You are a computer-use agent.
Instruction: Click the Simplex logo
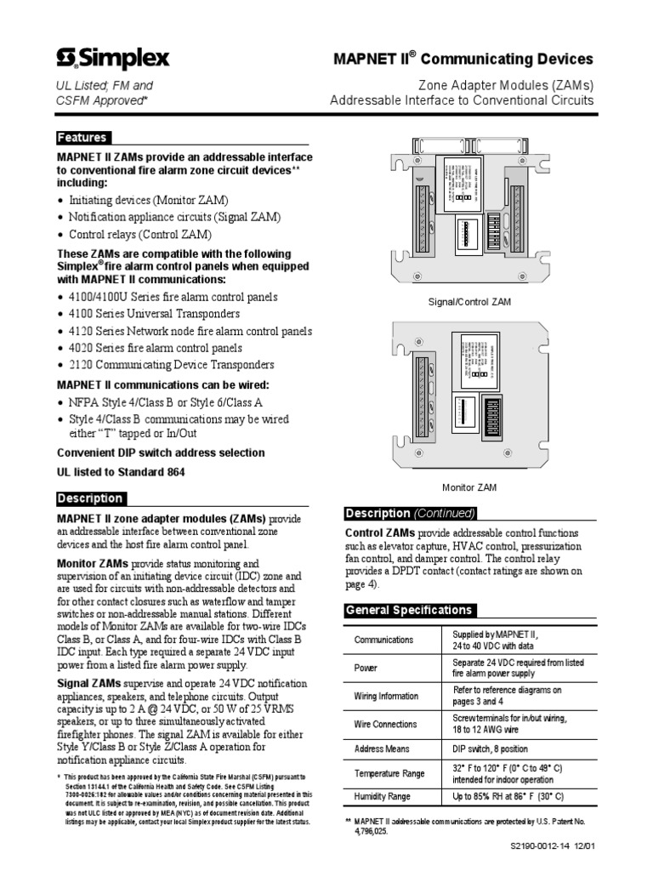113,58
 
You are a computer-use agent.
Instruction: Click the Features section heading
82,138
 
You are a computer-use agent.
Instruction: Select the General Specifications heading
407,610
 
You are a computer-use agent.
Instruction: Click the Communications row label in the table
384,640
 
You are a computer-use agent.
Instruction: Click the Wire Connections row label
385,724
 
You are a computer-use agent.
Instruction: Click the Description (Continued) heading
410,513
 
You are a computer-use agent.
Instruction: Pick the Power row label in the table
366,669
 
